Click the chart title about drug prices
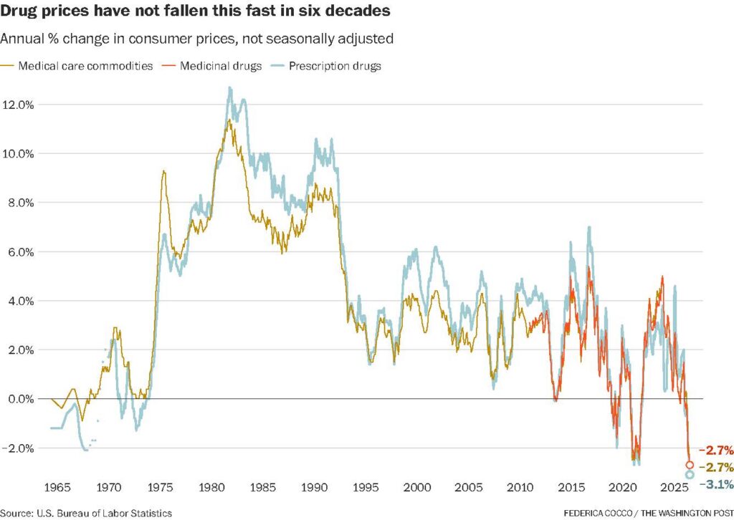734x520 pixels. tap(195, 10)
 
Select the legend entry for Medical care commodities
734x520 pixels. tap(77, 66)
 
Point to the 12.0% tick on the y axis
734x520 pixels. tap(18, 105)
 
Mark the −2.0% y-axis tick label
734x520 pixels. tap(18, 448)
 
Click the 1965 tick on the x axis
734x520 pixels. tap(57, 487)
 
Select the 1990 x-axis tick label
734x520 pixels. tap(314, 487)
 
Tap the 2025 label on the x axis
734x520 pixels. tap(674, 487)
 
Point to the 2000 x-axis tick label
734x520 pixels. tap(417, 487)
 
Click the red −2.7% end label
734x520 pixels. tap(716, 451)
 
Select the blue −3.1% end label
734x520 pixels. tap(716, 484)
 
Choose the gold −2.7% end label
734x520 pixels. tap(716, 467)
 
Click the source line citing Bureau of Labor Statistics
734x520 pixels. tap(86, 513)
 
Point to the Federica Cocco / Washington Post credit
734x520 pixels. tap(648, 513)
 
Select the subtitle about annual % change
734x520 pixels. tap(196, 39)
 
